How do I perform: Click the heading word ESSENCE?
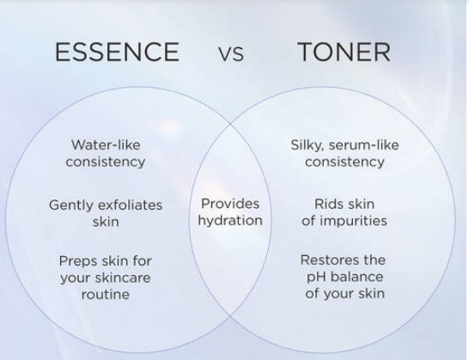tap(117, 52)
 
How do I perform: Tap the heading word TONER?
tap(344, 52)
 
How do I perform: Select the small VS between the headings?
tap(231, 54)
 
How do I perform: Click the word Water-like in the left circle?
tap(106, 145)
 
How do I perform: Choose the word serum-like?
tap(363, 145)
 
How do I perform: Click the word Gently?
tap(71, 206)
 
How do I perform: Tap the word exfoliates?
tap(130, 205)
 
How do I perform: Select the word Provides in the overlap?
tap(230, 204)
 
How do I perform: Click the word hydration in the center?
tap(230, 221)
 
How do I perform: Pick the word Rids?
tap(328, 204)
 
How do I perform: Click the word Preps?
tap(79, 261)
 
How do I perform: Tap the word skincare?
tap(126, 278)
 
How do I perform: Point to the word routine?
tap(106, 295)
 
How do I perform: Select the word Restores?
tap(327, 260)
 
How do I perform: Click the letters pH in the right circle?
tap(316, 278)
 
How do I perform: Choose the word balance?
tap(356, 277)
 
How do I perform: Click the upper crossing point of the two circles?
tap(230, 123)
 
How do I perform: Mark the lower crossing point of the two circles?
tap(230, 315)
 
